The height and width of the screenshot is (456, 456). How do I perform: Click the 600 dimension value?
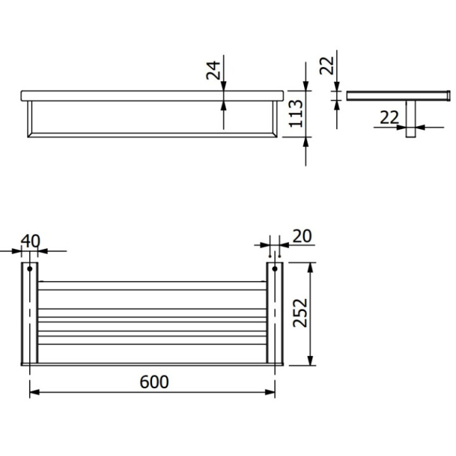pos(154,382)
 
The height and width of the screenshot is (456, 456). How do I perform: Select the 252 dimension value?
pos(300,313)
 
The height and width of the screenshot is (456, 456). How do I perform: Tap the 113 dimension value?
pos(296,113)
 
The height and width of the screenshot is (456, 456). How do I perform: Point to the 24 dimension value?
pos(213,70)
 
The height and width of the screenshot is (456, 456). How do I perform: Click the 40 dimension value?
pos(30,241)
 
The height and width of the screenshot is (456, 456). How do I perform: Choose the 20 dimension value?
pos(302,236)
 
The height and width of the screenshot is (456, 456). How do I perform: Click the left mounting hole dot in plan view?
pos(30,269)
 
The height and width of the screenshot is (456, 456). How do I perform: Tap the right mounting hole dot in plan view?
pos(275,269)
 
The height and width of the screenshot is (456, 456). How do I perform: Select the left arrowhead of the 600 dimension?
pos(34,392)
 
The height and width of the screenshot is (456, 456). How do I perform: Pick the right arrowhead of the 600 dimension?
pos(270,392)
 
